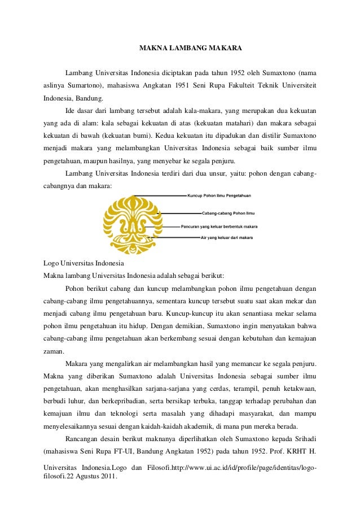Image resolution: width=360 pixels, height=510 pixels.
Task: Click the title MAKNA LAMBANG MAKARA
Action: [191, 49]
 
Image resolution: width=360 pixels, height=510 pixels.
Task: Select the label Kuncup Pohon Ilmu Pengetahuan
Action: [218, 196]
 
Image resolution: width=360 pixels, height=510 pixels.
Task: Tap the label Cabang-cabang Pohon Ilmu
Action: [228, 213]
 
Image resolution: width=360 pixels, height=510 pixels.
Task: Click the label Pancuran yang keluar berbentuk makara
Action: [219, 226]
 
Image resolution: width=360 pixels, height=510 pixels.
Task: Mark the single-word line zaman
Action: [54, 350]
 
